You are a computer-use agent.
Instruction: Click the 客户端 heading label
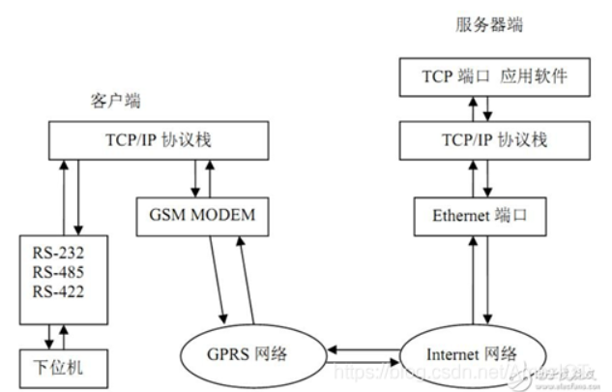pos(109,100)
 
